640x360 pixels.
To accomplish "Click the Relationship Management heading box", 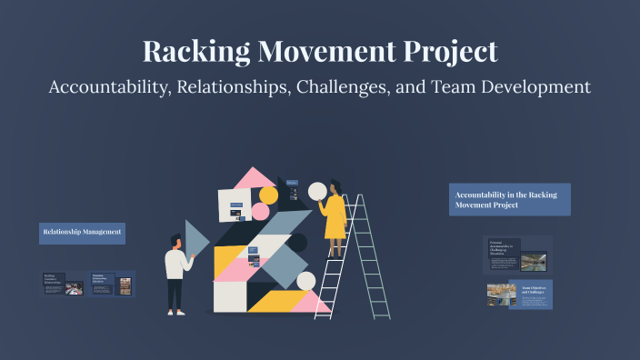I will [x=82, y=233].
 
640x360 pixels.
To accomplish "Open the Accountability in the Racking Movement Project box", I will [x=509, y=200].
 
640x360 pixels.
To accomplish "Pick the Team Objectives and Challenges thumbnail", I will [x=518, y=294].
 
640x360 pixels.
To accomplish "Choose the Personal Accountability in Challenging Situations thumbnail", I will [x=517, y=255].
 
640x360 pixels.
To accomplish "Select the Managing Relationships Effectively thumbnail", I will [x=113, y=284].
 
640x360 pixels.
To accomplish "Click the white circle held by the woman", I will [x=317, y=192].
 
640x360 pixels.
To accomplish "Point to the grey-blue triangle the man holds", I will [x=195, y=238].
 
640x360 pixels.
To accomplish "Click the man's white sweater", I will [x=176, y=265].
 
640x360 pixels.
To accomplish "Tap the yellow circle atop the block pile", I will [x=268, y=195].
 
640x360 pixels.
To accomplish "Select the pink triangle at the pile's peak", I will [x=254, y=178].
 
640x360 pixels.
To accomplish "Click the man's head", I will [x=175, y=241].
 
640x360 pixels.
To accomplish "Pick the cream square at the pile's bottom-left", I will [x=229, y=296].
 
